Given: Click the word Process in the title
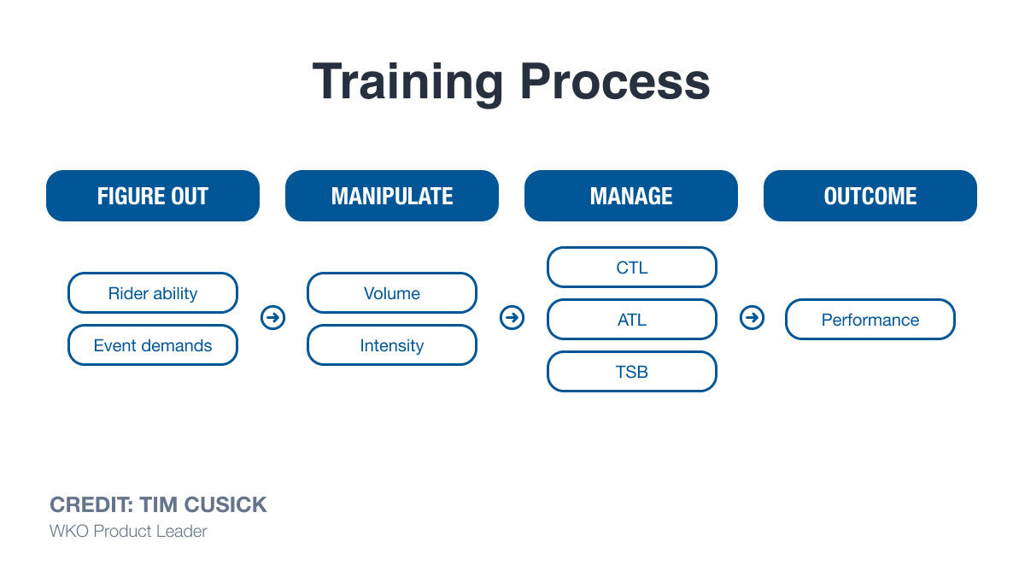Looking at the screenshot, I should [615, 83].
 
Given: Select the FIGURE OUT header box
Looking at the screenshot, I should [153, 196].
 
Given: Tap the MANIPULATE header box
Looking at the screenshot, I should [392, 196].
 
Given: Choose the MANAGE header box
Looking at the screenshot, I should [631, 196].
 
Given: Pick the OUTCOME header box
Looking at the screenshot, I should [870, 196].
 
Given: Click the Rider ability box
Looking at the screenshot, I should [153, 293].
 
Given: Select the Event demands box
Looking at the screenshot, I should [153, 345].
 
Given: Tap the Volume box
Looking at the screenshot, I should [392, 293].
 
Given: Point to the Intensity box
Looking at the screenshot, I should [392, 345].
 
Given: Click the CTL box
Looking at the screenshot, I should [631, 268].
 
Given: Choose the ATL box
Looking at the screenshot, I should [631, 320].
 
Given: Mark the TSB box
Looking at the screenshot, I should [631, 372].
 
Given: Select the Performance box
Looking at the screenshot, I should [870, 320].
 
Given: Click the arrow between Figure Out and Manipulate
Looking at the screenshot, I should [272, 318].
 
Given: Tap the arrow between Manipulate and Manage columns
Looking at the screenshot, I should [512, 318].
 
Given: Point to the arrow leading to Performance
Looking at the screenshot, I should [752, 318].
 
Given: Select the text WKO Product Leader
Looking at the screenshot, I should [128, 531].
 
